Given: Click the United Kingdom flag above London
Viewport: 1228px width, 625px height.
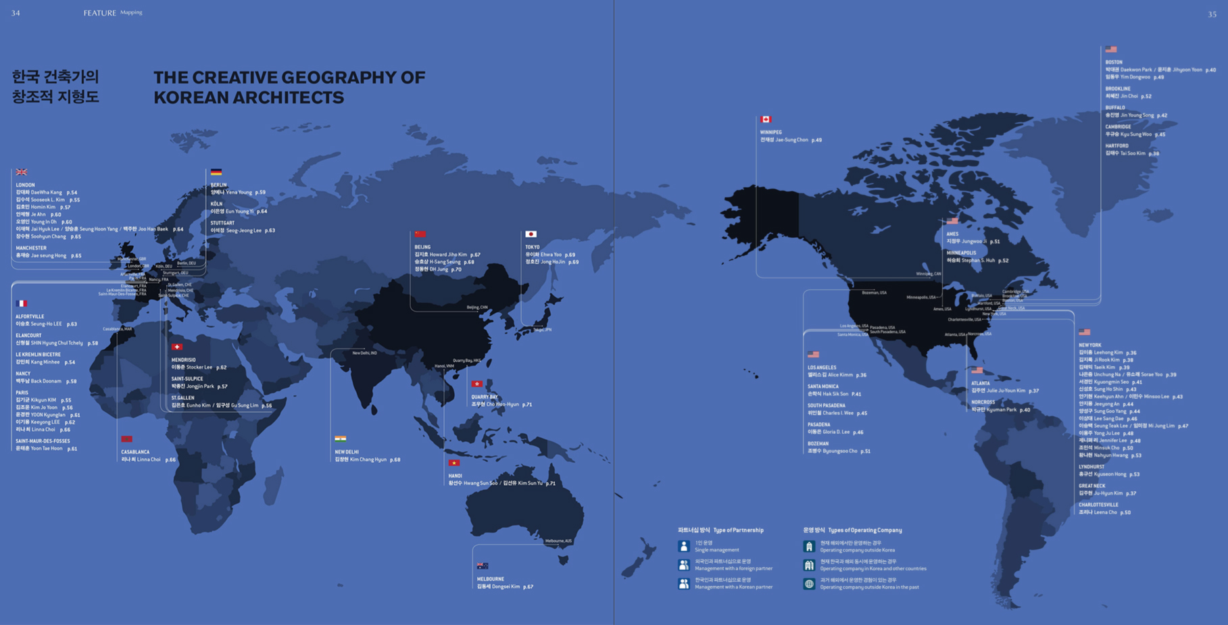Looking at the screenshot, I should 22,172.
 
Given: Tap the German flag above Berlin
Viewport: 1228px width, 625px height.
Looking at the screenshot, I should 216,172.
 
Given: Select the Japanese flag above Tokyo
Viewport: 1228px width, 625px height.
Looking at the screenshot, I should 531,234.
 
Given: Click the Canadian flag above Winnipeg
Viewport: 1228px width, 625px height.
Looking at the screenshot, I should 766,120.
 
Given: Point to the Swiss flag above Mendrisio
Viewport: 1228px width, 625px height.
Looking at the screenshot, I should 177,347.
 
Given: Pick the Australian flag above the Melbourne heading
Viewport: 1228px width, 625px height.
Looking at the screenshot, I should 483,566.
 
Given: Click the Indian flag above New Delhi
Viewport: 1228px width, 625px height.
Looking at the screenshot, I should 341,439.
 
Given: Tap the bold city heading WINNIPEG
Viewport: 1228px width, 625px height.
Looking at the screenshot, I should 770,132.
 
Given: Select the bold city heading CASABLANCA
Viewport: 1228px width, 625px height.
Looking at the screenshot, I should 135,452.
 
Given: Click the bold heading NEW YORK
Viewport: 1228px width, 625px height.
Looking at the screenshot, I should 1090,345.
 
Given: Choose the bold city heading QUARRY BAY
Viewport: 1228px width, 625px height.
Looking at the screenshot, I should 484,397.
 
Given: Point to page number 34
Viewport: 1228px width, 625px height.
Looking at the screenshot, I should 16,13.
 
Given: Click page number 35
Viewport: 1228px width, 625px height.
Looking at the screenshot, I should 1212,14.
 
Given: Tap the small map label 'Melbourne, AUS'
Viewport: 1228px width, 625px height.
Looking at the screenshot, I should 558,541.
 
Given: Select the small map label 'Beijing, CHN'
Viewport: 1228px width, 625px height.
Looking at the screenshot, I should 476,307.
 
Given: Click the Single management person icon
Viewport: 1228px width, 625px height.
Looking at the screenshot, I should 684,546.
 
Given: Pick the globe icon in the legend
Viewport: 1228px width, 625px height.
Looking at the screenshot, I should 809,583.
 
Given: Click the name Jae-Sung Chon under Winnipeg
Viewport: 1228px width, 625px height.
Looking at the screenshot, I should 791,140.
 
